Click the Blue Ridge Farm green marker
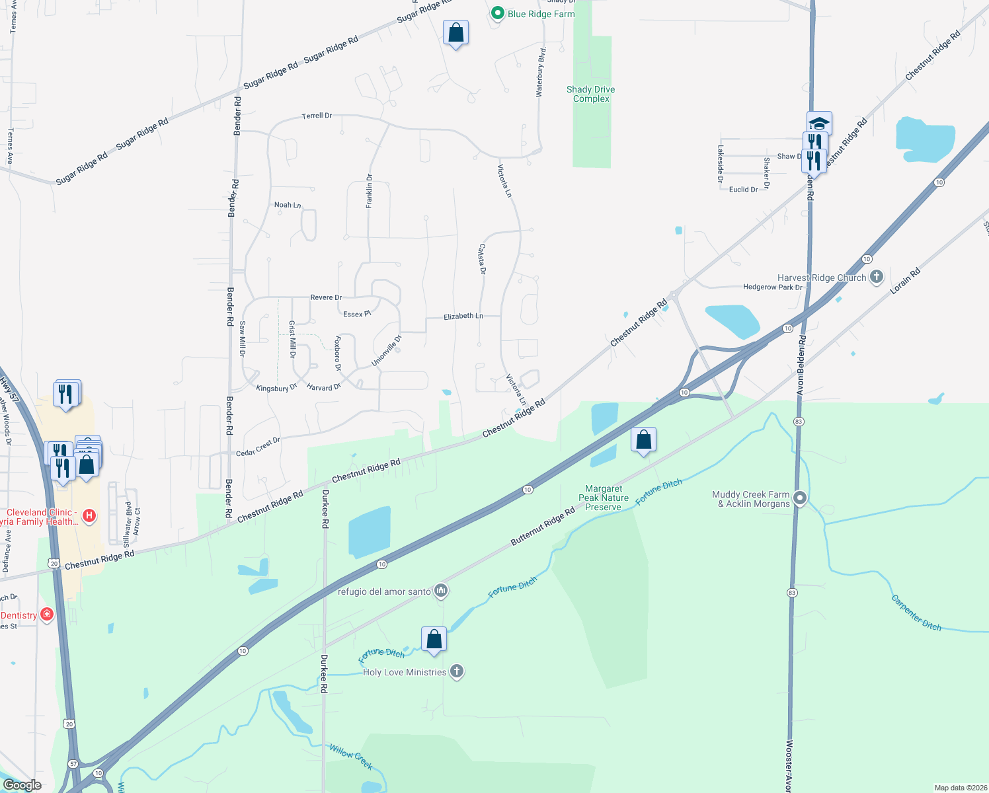click(x=498, y=13)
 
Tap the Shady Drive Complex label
click(x=591, y=94)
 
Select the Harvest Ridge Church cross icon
click(x=877, y=277)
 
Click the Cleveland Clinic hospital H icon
click(x=89, y=515)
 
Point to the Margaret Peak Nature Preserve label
click(x=603, y=498)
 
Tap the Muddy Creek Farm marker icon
click(x=800, y=498)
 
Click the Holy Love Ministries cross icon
click(x=456, y=671)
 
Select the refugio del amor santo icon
click(x=441, y=591)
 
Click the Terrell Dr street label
click(x=317, y=116)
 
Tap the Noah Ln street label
click(x=288, y=205)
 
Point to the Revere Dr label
click(x=326, y=297)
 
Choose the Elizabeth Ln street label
click(x=463, y=316)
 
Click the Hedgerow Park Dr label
click(x=772, y=287)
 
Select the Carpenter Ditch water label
click(x=916, y=613)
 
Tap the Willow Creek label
click(x=351, y=757)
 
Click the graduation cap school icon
click(x=819, y=123)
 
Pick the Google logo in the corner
click(x=22, y=784)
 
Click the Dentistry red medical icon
click(x=47, y=615)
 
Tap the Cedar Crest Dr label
click(x=258, y=447)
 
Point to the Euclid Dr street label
click(x=743, y=190)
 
